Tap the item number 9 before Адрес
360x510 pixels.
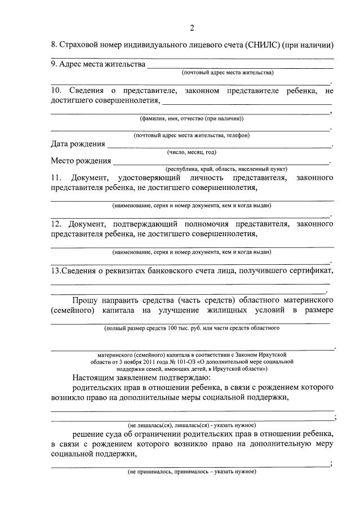[x=54, y=65]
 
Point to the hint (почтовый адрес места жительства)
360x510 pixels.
[x=228, y=73]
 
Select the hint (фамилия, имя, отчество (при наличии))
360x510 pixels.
[x=192, y=118]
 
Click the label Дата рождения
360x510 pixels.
[x=78, y=144]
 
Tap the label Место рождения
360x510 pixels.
[x=81, y=161]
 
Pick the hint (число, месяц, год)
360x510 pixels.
[x=192, y=152]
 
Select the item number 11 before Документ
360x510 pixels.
[x=56, y=178]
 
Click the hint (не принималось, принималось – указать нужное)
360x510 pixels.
[x=192, y=471]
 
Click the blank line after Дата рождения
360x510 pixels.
[x=220, y=145]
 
